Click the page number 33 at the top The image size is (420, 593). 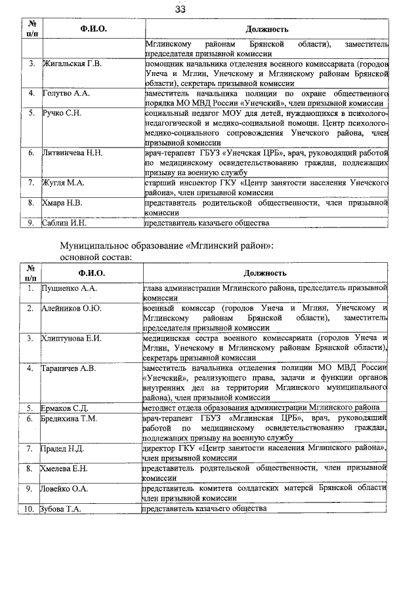[x=180, y=9]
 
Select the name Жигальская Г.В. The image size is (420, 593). [x=72, y=64]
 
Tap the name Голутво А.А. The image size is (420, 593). [x=66, y=94]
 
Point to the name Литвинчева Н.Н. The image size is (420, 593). [x=72, y=153]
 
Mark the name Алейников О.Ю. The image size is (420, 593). [x=72, y=308]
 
